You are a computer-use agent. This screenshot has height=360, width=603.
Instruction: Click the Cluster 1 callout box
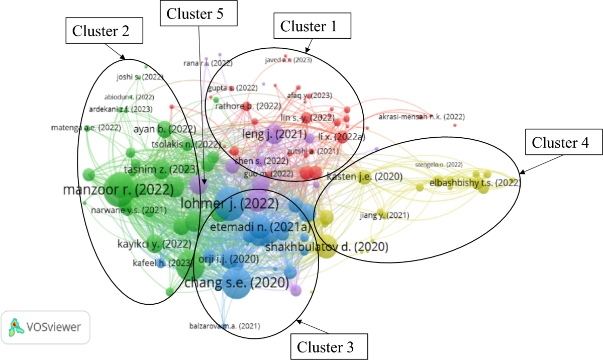click(x=312, y=26)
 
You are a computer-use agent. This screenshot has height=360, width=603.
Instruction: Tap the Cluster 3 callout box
click(x=329, y=347)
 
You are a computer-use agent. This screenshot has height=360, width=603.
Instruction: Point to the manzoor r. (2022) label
click(x=118, y=190)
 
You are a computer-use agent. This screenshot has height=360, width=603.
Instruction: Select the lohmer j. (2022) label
click(x=229, y=204)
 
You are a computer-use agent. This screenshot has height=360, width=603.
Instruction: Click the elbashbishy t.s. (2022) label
click(x=474, y=183)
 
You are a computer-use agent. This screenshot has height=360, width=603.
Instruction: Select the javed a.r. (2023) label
click(x=288, y=60)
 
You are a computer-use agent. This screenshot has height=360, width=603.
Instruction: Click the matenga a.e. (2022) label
click(x=86, y=128)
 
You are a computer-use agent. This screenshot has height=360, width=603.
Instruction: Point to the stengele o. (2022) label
click(x=439, y=164)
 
